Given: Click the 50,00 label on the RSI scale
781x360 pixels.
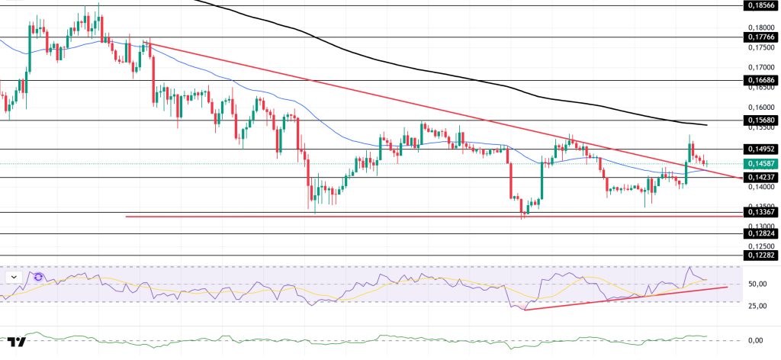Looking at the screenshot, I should (x=756, y=284).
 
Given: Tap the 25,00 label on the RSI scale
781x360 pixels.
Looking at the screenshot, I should (x=756, y=307).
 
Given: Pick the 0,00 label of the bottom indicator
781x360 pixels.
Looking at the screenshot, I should (x=756, y=340).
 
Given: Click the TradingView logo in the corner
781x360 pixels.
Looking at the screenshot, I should (x=17, y=342).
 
